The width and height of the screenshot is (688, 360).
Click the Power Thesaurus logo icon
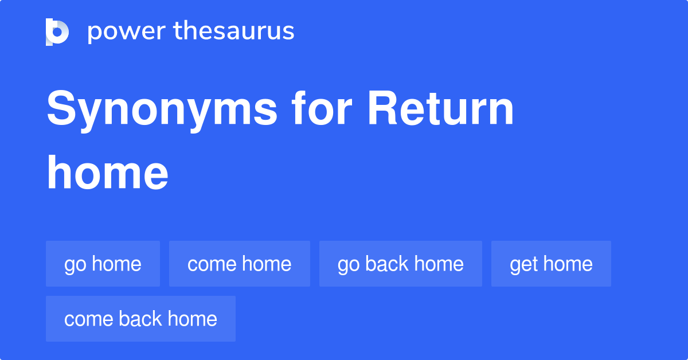pos(57,32)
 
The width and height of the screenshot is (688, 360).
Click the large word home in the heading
pos(108,173)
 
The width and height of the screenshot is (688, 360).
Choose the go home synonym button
pos(103,264)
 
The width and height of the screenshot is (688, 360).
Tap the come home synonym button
pos(239,264)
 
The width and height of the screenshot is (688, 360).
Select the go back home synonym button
pos(400,264)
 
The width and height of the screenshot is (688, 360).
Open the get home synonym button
pos(551,264)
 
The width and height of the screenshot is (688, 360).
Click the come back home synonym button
pos(140,319)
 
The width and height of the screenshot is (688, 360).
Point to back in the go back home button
pos(387,264)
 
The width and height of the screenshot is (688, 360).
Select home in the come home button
pos(266,264)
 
